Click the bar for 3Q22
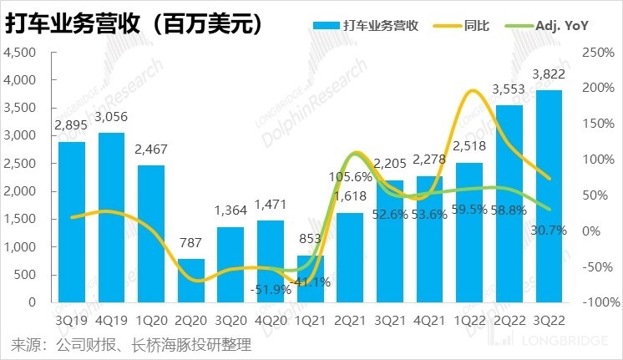(548, 195)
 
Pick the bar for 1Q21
(311, 279)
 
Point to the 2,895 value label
(71, 125)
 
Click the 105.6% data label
(351, 177)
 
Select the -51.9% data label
(271, 290)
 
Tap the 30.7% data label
(549, 229)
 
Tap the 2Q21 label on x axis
(351, 319)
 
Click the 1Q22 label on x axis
(469, 319)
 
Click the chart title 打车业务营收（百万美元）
(134, 24)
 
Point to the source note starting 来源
(129, 344)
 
